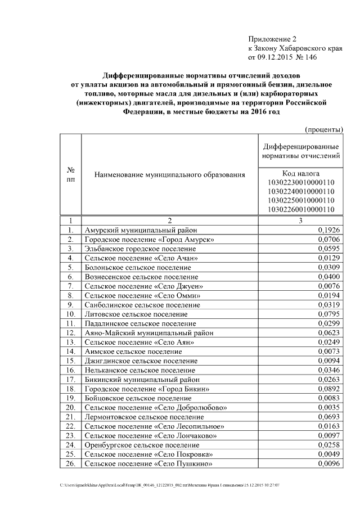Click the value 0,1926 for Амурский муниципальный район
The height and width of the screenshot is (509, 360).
point(329,230)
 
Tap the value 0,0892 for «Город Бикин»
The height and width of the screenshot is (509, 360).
point(329,389)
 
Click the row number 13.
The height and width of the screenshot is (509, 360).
point(71,342)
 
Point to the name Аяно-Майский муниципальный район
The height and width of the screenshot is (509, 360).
point(149,333)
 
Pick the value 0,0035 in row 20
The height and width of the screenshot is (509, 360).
point(329,407)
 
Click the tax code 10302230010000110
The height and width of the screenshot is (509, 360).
point(301,182)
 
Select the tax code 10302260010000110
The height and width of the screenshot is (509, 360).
point(301,209)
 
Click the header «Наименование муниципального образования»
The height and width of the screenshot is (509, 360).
point(170,175)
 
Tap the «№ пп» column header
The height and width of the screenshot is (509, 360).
point(71,174)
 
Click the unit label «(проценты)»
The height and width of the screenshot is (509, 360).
point(323,129)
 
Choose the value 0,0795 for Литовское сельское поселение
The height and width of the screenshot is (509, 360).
point(329,314)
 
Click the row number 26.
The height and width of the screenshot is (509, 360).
point(71,463)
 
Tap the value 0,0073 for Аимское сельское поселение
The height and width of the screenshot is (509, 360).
point(329,352)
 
